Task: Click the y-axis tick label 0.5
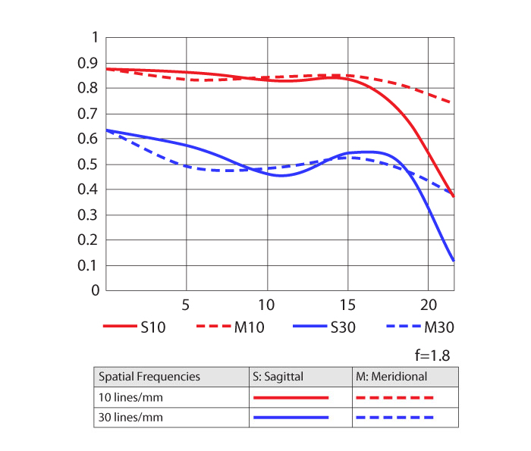(90, 164)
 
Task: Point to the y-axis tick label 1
(95, 37)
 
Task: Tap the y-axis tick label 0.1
(90, 265)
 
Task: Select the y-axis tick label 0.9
(90, 63)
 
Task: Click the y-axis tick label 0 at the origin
(95, 290)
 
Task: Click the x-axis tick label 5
(186, 305)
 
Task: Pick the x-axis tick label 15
(347, 305)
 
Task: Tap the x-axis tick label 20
(428, 305)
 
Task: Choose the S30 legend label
(343, 327)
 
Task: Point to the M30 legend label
(440, 327)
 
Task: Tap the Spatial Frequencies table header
(149, 376)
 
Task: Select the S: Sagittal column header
(280, 376)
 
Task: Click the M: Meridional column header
(391, 376)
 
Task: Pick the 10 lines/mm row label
(131, 396)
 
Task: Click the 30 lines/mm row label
(131, 417)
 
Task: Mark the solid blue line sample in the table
(291, 417)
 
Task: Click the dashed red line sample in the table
(395, 396)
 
